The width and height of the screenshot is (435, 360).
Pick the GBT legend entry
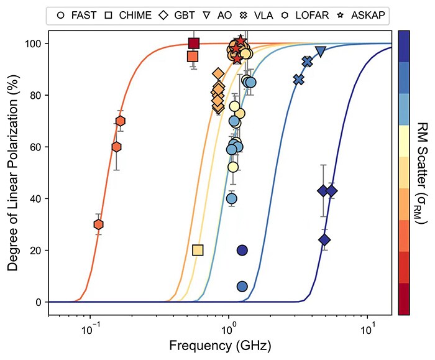tap(181, 14)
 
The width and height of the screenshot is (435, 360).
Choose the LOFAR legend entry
tap(314, 14)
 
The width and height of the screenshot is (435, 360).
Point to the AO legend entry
tap(227, 14)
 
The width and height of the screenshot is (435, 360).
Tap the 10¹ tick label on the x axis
tap(368, 326)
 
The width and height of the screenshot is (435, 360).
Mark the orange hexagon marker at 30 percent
tap(98, 224)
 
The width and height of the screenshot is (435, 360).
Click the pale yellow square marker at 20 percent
tap(198, 250)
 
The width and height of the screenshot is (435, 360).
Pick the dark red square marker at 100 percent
tap(193, 43)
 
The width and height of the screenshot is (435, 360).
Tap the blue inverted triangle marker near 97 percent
tap(321, 52)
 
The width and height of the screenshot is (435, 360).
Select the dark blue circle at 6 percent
tap(242, 287)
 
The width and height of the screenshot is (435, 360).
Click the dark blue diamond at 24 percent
tap(324, 240)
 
